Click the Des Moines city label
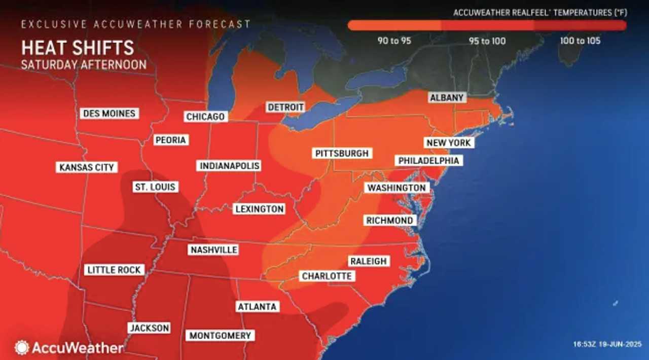109,113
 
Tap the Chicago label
205,117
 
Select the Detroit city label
285,107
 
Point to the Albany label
446,98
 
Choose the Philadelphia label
428,160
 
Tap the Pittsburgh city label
342,153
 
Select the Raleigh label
368,261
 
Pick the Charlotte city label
327,276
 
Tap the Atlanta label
257,307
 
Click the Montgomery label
220,335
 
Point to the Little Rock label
114,270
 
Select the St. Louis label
155,187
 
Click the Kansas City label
87,167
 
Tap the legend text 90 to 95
394,41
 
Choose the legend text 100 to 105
581,41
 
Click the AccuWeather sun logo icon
22,347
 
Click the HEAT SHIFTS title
78,48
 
